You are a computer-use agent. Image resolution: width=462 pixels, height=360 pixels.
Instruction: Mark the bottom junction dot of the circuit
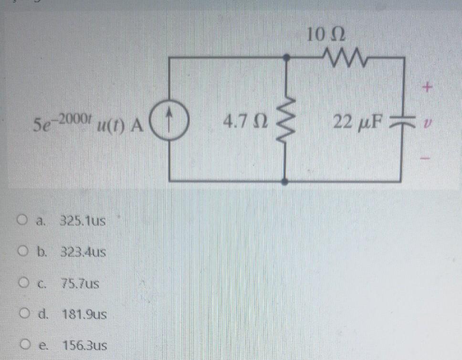(285, 181)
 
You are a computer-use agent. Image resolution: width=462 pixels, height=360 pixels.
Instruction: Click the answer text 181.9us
(84, 315)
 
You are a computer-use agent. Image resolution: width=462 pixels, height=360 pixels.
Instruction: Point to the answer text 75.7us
(80, 284)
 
